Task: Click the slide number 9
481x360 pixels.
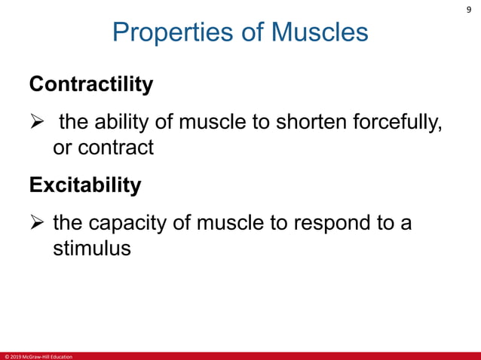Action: [468, 10]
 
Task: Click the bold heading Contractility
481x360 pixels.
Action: [90, 84]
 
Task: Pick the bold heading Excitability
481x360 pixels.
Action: [84, 185]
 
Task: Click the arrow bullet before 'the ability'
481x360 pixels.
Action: [38, 121]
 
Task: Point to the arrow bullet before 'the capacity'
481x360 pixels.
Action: [38, 223]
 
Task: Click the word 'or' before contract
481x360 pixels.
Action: [63, 148]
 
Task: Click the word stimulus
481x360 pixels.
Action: [91, 249]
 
